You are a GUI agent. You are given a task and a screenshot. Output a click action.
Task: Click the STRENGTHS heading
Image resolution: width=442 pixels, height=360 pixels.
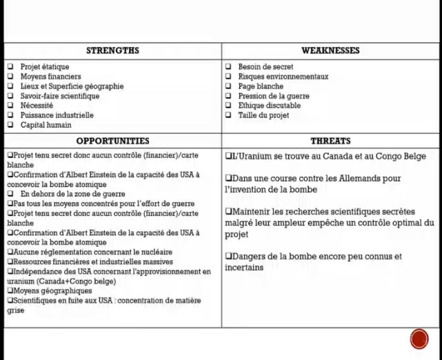tap(112, 50)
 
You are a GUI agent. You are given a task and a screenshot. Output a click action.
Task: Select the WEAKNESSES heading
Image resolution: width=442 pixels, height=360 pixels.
tap(330, 50)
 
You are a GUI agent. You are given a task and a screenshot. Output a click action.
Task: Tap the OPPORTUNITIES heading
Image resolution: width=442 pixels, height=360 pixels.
tap(112, 141)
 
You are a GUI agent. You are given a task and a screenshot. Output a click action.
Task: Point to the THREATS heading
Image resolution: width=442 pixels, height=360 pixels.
tap(330, 141)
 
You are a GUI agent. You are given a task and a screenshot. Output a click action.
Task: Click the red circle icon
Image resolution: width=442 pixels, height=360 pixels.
tap(419, 339)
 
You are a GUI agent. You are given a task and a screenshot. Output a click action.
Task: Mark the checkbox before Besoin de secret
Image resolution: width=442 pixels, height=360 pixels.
tap(229, 67)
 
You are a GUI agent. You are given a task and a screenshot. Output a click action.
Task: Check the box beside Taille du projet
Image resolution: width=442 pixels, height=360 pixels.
tap(229, 116)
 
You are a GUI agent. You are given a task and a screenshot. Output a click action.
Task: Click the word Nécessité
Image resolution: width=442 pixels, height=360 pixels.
tap(37, 106)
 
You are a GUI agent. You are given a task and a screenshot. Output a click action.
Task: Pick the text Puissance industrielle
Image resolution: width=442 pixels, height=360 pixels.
tap(57, 116)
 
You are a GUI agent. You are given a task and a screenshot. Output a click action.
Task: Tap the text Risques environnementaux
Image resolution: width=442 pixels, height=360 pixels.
tap(283, 77)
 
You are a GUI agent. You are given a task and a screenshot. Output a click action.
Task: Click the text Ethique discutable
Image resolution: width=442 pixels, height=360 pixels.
tap(270, 106)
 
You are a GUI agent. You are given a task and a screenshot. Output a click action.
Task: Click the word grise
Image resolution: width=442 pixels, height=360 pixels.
tap(16, 311)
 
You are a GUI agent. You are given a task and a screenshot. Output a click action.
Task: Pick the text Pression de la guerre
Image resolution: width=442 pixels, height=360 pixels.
tap(274, 97)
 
